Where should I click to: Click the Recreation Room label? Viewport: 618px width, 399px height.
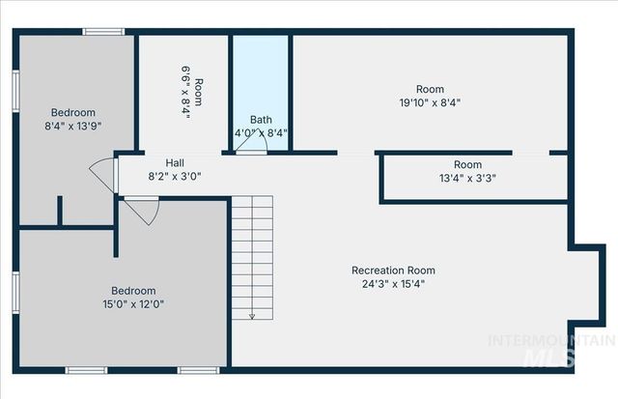[x=393, y=271]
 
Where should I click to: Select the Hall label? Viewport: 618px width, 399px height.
[x=175, y=163]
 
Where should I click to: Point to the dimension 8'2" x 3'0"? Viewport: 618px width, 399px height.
[x=175, y=177]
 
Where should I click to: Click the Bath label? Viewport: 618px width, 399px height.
[x=261, y=120]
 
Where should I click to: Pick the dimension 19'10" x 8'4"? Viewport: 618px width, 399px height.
[x=430, y=102]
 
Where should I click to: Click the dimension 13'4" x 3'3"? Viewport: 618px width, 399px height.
[x=467, y=178]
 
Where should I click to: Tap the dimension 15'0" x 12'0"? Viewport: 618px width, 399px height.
[x=132, y=304]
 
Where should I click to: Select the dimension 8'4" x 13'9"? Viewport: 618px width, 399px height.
[x=73, y=125]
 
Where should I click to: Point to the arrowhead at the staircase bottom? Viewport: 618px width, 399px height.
[x=251, y=315]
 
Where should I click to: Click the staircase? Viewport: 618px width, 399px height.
[x=251, y=256]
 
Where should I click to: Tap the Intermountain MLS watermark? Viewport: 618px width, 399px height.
[x=551, y=350]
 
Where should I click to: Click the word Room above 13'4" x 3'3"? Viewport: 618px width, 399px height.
[x=467, y=165]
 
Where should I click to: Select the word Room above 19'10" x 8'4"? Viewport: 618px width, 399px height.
[x=430, y=89]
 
